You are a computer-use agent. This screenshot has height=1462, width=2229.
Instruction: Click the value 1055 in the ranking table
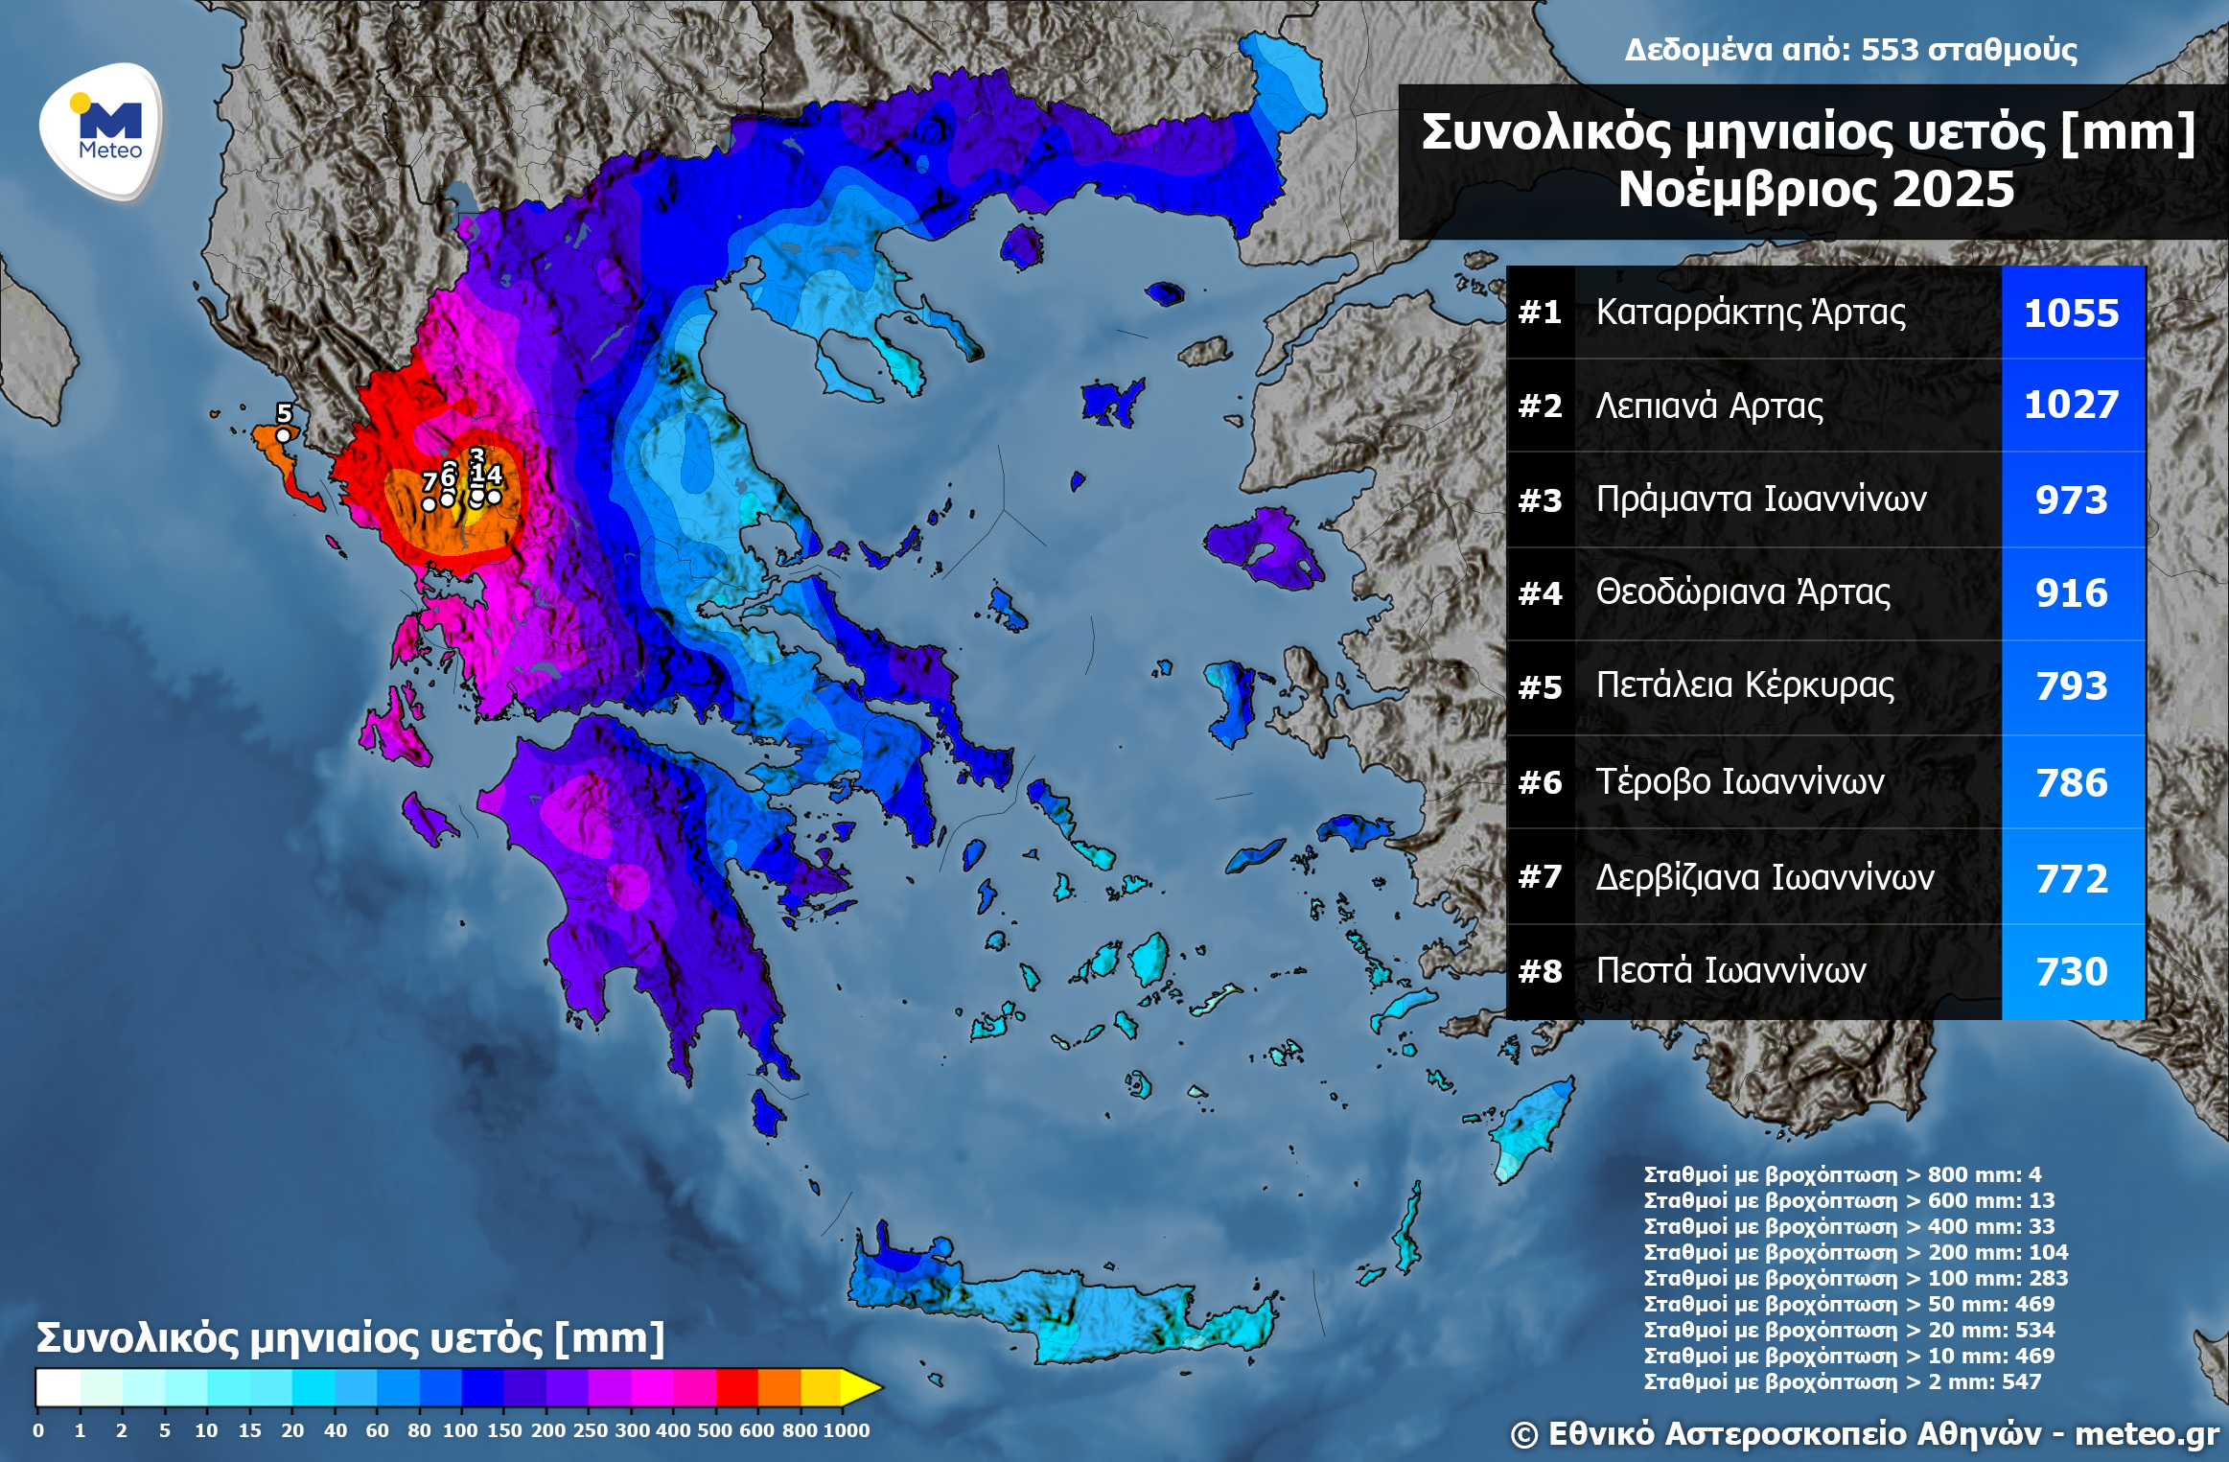2071,313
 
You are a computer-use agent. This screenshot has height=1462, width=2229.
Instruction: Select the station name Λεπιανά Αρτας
1708,406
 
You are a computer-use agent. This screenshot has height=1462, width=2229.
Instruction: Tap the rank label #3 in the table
1540,500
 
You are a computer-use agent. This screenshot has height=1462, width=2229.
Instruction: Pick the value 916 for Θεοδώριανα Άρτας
2071,593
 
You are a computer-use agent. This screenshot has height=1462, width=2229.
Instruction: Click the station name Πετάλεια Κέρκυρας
1745,685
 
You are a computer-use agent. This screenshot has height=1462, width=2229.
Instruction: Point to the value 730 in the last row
2071,972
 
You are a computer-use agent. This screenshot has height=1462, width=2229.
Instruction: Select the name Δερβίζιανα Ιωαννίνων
1764,878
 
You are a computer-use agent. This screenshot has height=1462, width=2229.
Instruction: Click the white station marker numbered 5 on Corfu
283,435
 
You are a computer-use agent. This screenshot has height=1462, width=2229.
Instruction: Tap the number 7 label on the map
430,481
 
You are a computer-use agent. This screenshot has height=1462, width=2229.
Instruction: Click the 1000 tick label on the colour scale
846,1430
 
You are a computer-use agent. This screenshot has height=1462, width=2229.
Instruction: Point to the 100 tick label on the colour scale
460,1430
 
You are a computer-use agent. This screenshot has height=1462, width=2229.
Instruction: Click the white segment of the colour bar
58,1387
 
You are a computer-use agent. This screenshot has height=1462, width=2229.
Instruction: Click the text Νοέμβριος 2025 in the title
1816,190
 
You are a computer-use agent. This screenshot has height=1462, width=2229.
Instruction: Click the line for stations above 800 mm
1842,1174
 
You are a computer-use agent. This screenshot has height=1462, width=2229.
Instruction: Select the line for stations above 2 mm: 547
1842,1381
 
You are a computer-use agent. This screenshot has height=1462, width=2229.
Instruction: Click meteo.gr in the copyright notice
2147,1434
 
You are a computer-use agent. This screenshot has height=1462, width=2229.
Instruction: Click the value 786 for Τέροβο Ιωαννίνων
2071,783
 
